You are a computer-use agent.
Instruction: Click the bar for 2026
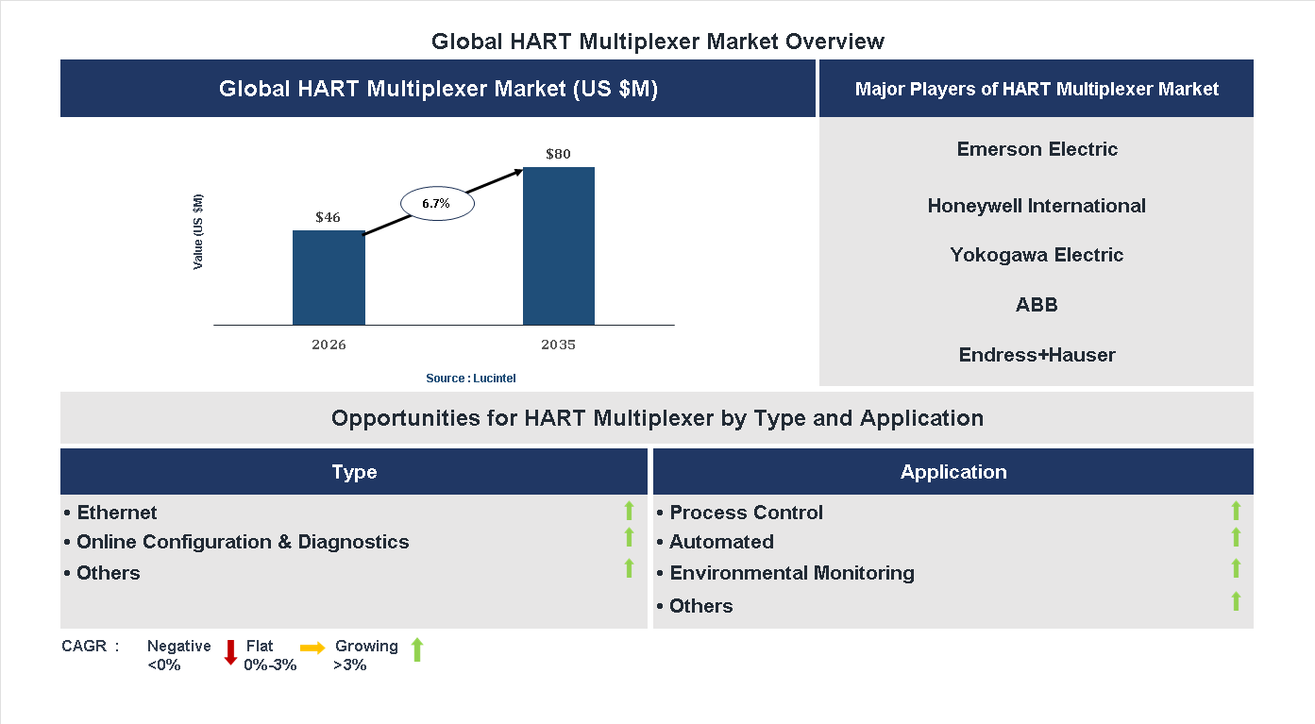coord(329,278)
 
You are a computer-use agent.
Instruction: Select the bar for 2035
coord(559,246)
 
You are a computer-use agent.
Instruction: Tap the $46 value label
coord(328,217)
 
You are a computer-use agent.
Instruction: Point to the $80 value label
coord(558,154)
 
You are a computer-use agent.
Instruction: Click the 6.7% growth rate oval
coord(436,203)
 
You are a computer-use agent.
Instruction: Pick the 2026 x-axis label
coord(329,345)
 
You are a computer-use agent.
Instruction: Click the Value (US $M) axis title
coord(198,232)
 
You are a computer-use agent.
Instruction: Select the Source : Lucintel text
coord(470,378)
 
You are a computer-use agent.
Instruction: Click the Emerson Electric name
coord(1037,149)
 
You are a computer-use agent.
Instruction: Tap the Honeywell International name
coord(1037,206)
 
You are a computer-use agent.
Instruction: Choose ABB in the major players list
coord(1037,305)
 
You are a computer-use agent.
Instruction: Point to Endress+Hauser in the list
coord(1037,355)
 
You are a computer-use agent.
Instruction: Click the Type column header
coord(354,472)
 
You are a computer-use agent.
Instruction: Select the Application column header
coord(953,472)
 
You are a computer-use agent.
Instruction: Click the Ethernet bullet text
coord(116,513)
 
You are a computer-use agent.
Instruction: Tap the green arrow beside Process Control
coord(1236,511)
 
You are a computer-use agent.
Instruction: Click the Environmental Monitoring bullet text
coord(791,573)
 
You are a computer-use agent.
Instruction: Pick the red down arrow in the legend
coord(230,652)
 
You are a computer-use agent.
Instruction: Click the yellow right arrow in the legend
coord(312,648)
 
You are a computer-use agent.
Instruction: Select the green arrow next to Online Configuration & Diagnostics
coord(629,537)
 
